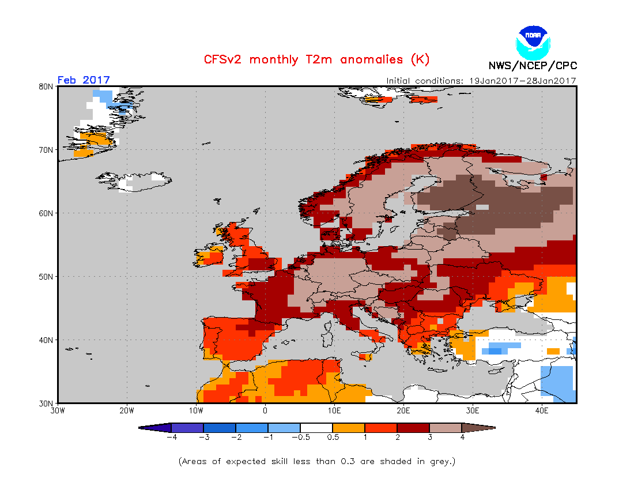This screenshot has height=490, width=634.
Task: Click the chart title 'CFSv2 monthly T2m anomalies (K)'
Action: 316,59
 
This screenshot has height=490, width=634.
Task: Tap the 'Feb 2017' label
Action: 84,80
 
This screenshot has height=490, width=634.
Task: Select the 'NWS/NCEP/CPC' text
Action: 533,66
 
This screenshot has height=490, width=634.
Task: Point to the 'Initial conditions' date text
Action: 481,81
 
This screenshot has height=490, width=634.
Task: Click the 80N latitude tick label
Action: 47,86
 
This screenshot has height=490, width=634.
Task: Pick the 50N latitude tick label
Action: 47,277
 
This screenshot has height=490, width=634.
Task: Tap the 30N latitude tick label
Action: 47,403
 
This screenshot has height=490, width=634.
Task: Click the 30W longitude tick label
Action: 58,411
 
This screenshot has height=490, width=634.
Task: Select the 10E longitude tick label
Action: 334,411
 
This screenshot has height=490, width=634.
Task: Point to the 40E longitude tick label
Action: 542,411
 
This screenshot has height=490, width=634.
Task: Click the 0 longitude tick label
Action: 265,411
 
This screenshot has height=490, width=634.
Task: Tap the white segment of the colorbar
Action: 316,428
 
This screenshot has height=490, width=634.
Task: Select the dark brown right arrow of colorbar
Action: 479,428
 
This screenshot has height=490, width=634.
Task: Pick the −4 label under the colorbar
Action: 171,438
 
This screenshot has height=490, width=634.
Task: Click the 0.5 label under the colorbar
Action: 333,438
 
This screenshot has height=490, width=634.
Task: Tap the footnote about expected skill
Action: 317,462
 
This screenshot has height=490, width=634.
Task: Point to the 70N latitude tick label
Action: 47,150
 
